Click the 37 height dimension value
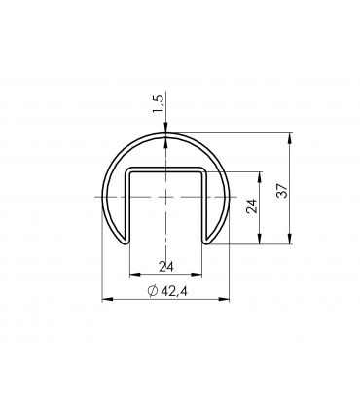pyautogui.click(x=282, y=189)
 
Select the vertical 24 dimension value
pyautogui.click(x=253, y=206)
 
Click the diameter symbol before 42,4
pyautogui.click(x=153, y=290)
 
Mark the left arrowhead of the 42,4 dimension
pyautogui.click(x=106, y=299)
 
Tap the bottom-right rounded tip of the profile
pyautogui.click(x=207, y=239)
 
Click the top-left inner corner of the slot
pyautogui.click(x=131, y=172)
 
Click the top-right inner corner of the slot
pyautogui.click(x=200, y=172)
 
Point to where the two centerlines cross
pyautogui.click(x=166, y=196)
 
